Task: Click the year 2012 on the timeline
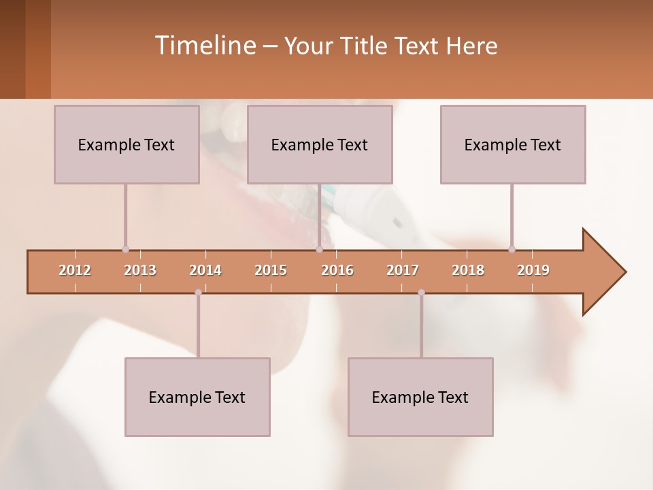75,270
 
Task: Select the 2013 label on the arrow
140,270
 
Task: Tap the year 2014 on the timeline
205,270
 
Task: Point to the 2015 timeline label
271,270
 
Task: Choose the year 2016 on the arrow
337,270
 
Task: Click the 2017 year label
403,270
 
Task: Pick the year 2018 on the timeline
468,270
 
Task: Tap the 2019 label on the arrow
533,270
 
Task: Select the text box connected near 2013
127,144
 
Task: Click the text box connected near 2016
320,144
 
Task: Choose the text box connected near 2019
513,144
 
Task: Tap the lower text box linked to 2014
197,397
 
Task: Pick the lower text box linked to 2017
420,397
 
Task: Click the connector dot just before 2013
125,250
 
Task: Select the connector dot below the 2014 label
198,293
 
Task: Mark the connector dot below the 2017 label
421,293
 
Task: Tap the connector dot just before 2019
512,250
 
